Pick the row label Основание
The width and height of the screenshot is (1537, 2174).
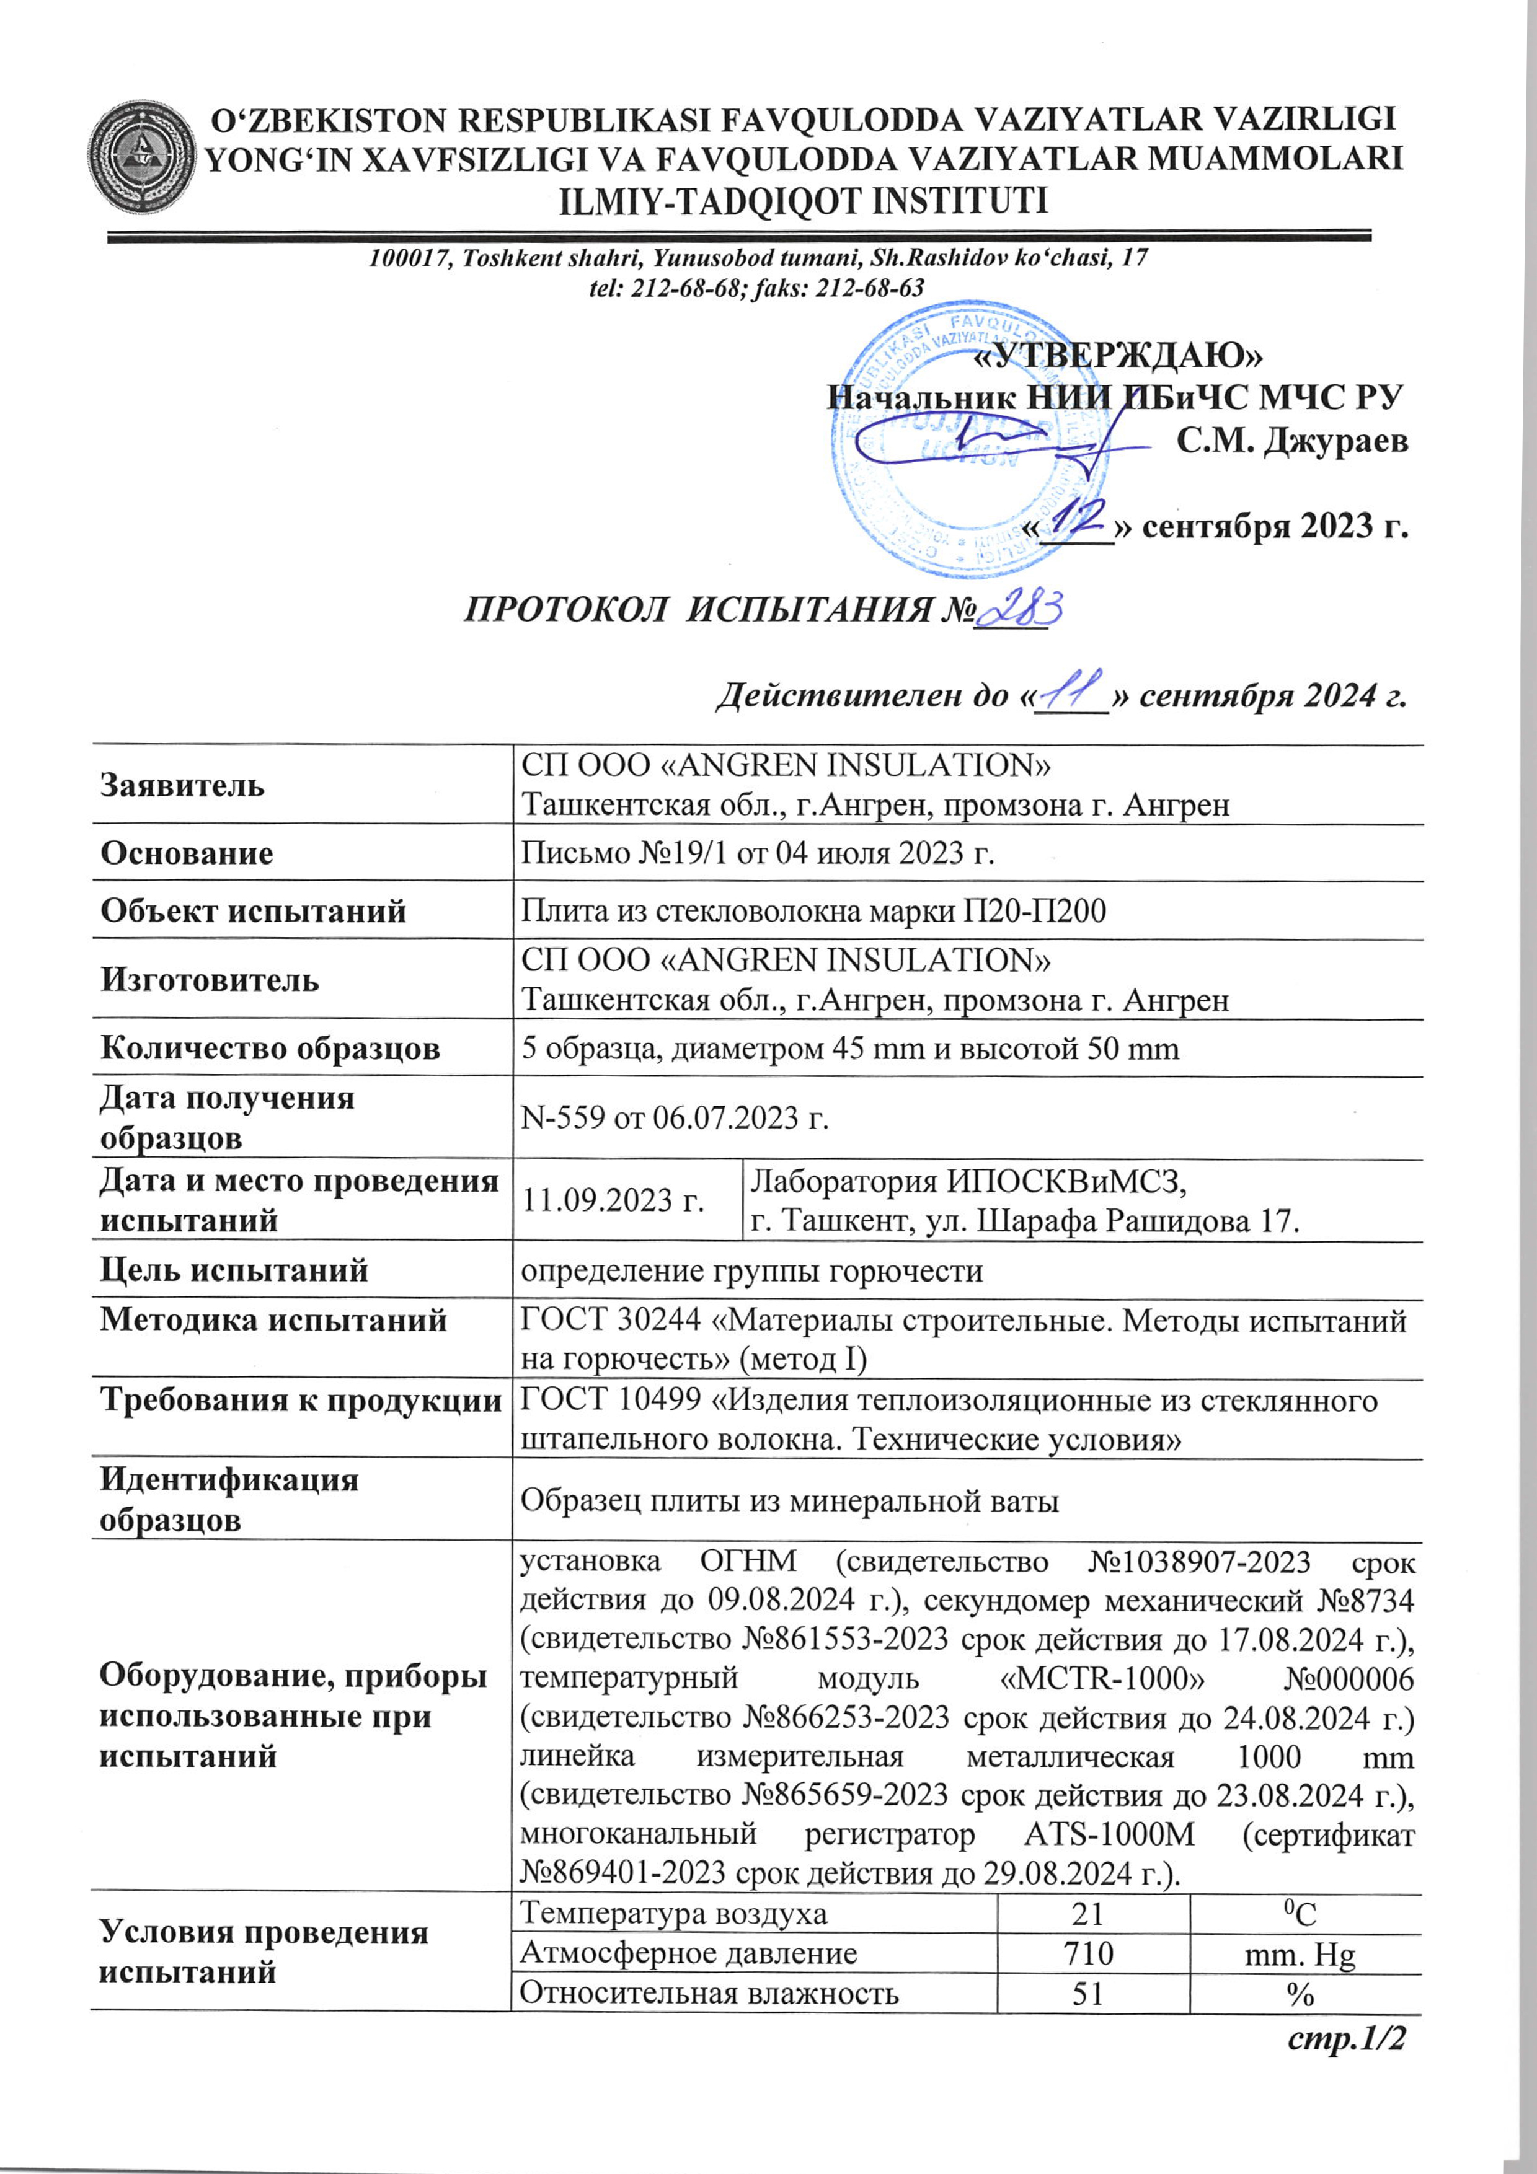[187, 853]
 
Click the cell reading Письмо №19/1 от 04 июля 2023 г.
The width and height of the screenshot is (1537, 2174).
[758, 853]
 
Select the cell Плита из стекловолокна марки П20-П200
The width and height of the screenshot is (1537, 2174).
[813, 911]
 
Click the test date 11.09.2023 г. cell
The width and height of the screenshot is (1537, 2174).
[613, 1200]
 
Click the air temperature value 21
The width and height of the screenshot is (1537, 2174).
[1088, 1914]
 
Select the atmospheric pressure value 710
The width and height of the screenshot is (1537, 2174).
[1088, 1953]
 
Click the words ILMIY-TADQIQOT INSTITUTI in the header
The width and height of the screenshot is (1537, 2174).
[804, 201]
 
